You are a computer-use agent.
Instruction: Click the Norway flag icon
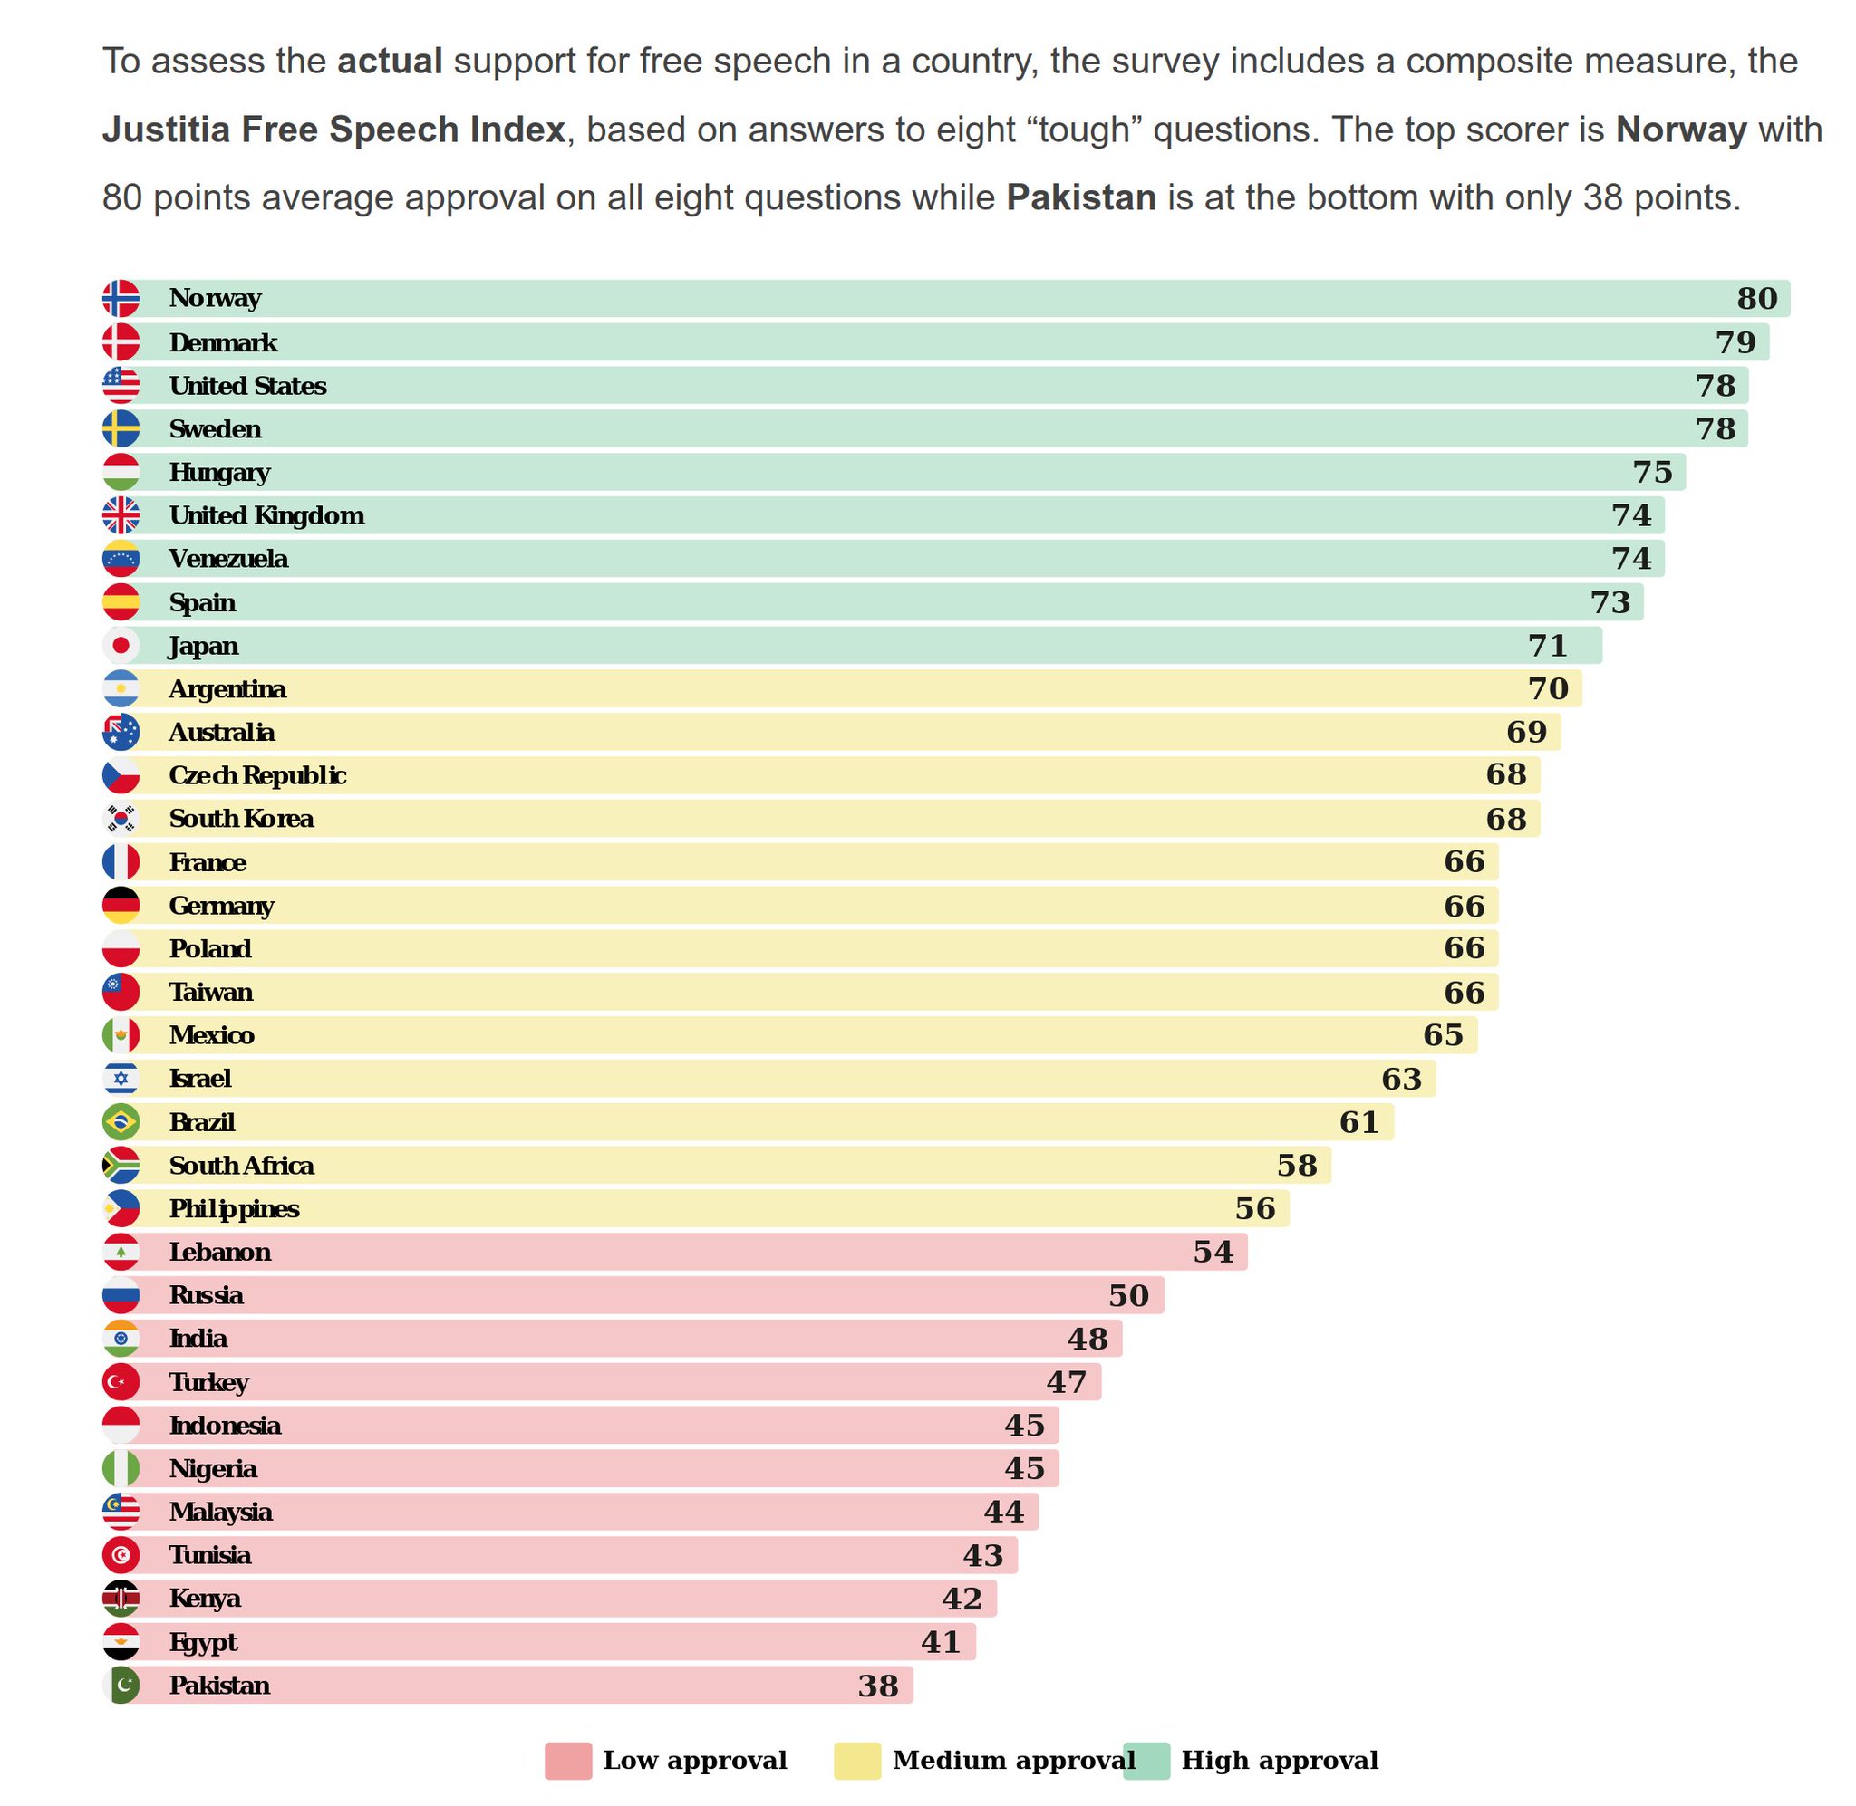click(121, 298)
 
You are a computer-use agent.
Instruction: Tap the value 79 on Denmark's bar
click(1735, 342)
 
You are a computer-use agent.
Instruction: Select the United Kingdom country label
click(266, 516)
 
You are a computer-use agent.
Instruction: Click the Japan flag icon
click(121, 646)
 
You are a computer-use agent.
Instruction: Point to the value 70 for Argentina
click(1547, 688)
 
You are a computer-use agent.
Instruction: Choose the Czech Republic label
click(257, 776)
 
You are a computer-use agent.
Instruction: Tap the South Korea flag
click(121, 819)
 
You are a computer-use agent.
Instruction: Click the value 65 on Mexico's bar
click(1442, 1035)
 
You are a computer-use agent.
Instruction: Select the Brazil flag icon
click(121, 1122)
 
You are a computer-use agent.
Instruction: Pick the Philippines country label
click(234, 1209)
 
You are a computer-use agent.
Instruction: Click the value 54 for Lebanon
click(1213, 1252)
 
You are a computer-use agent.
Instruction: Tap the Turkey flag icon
click(121, 1382)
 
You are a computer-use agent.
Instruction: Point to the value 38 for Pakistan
click(878, 1686)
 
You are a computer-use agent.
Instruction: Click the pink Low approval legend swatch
click(567, 1761)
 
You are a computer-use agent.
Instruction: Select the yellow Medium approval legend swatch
click(856, 1761)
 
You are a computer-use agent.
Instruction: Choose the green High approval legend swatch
click(1145, 1761)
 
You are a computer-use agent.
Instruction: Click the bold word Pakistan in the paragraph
click(1081, 197)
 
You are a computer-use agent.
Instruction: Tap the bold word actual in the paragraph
click(390, 61)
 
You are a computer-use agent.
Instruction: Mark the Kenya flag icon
click(121, 1599)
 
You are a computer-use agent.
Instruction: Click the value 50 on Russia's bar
click(1128, 1296)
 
